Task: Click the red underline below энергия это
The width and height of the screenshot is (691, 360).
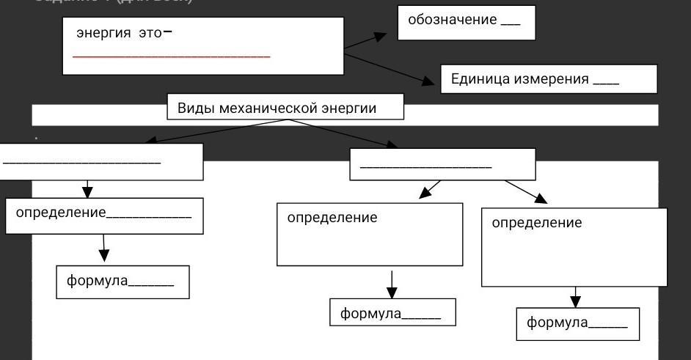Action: (172, 56)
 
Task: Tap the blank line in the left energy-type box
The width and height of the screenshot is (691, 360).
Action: (81, 162)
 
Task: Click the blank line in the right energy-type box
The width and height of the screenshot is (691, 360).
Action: (425, 167)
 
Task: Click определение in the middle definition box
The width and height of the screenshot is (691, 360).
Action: (332, 218)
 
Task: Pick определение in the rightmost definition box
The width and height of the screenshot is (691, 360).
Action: (536, 223)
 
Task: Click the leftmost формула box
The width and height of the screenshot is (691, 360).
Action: (123, 282)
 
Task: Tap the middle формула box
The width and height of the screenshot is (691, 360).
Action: (392, 313)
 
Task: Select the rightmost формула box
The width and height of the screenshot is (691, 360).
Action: (577, 323)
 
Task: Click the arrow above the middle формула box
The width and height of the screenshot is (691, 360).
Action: (392, 284)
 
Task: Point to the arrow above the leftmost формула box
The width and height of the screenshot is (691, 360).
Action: (104, 247)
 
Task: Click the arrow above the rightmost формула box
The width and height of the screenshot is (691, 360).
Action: (576, 296)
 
